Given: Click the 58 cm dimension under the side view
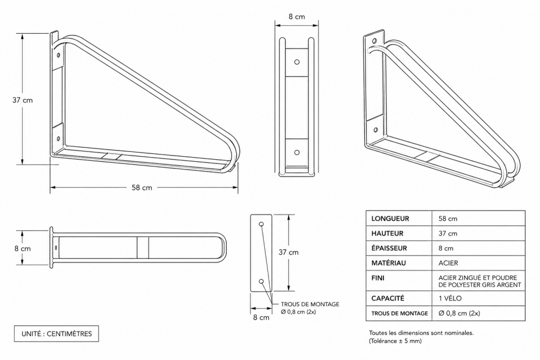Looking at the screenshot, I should pos(142,188).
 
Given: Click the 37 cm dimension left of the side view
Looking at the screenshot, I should pos(23,100).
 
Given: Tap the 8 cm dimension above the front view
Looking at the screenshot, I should pos(296,17).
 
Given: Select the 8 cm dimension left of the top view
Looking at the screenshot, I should pos(23,248).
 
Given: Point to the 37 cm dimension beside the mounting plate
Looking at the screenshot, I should pos(289,252).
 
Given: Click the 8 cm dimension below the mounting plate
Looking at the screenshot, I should pos(260,317).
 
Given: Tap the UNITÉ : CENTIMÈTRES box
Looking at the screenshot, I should pos(56,334).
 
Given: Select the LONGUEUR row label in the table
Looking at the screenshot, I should pos(390,218).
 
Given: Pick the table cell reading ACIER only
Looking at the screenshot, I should pos(448,262).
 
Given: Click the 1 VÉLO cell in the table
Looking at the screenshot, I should pos(450,298).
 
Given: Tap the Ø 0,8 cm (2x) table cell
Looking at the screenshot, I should pos(459,313).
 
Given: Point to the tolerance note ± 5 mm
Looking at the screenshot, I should pos(396,340).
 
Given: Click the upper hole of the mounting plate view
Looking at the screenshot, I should pos(261,225).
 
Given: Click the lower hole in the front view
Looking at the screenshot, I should pos(297,152).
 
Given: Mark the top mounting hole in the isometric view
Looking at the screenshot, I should pos(374,41).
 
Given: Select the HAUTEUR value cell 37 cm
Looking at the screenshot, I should pos(448,233).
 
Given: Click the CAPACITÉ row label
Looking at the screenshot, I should pos(388,298).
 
